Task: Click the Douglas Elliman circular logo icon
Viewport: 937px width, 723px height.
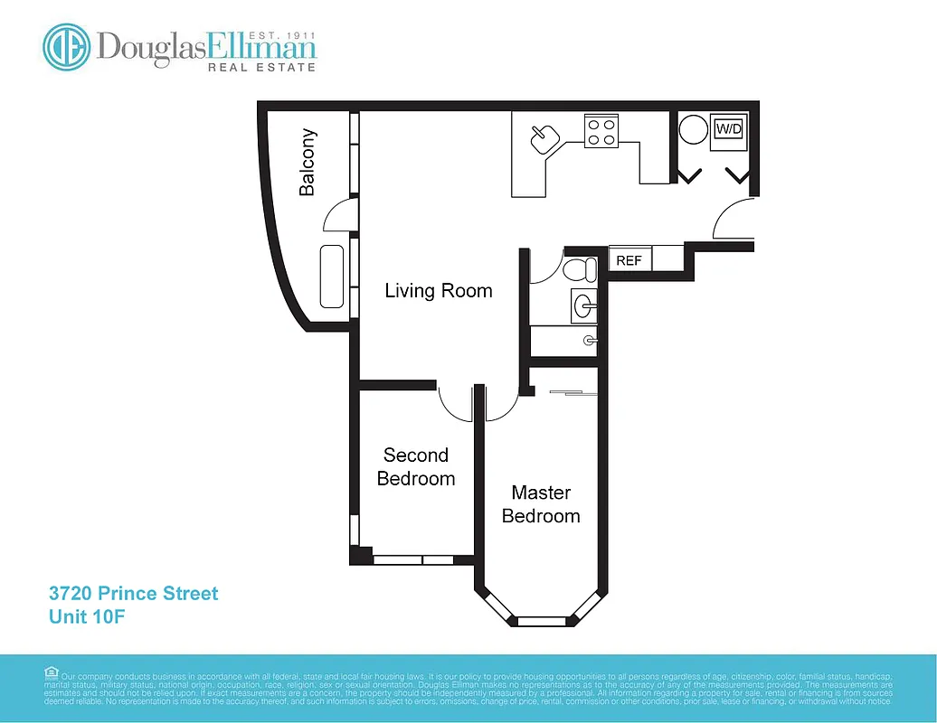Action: tap(66, 47)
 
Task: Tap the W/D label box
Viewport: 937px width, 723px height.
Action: tap(728, 129)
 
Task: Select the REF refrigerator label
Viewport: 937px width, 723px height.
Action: tap(629, 260)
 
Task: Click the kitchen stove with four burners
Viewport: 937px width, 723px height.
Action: tap(601, 132)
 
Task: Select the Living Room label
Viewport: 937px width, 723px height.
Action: tap(439, 290)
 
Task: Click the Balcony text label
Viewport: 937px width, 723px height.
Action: tap(308, 163)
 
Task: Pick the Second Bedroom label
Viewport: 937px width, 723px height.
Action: tap(416, 466)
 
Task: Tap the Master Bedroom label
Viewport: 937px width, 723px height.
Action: tap(541, 504)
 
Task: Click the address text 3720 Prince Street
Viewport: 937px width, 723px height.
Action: tap(134, 594)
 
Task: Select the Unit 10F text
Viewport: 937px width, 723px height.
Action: tap(81, 617)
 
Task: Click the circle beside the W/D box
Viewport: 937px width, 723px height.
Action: tap(693, 128)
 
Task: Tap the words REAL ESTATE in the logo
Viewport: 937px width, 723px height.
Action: tap(262, 67)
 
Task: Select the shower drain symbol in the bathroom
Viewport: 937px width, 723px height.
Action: tap(589, 340)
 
